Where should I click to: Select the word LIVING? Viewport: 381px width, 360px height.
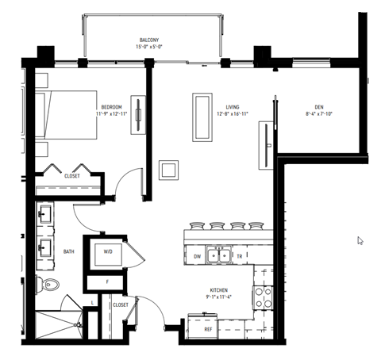click(233, 106)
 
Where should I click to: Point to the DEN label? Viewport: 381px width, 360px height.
click(318, 106)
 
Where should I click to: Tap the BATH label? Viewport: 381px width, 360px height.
click(69, 252)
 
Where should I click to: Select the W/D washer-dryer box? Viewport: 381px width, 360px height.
click(106, 253)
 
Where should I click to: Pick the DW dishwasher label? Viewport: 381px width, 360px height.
click(197, 256)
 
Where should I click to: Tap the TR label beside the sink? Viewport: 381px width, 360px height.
click(239, 256)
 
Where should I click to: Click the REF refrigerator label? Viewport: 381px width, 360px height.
click(209, 327)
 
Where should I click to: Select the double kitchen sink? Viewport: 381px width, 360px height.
click(217, 255)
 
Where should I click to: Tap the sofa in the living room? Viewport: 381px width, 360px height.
click(202, 117)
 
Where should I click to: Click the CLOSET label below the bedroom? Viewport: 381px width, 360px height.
click(72, 176)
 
